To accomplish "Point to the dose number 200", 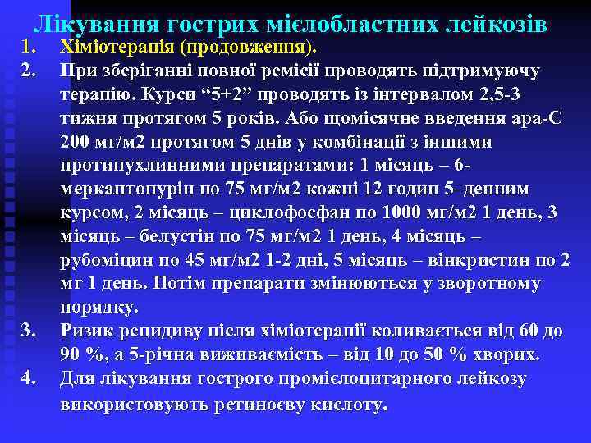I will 76,141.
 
